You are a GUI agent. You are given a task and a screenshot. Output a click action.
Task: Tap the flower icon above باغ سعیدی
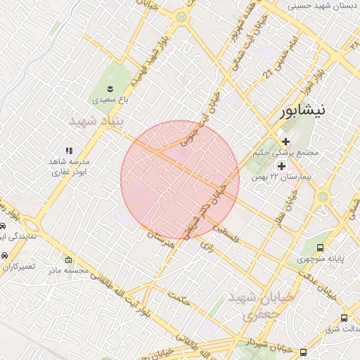[x=110, y=88]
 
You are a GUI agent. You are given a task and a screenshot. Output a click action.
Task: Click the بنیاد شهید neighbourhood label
[x=95, y=122]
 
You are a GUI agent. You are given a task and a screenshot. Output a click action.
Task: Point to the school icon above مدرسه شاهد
[x=69, y=150]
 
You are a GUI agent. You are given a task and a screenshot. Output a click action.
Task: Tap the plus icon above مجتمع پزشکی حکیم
[x=286, y=141]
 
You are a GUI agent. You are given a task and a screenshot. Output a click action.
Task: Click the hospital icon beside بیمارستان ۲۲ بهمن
[x=282, y=166]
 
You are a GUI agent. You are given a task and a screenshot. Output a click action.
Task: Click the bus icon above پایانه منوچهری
[x=321, y=247]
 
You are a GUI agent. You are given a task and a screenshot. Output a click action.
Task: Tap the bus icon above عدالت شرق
[x=344, y=318]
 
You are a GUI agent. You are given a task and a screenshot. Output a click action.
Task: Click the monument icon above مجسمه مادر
[x=67, y=259]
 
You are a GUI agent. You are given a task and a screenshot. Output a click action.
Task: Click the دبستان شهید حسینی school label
[x=323, y=6]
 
